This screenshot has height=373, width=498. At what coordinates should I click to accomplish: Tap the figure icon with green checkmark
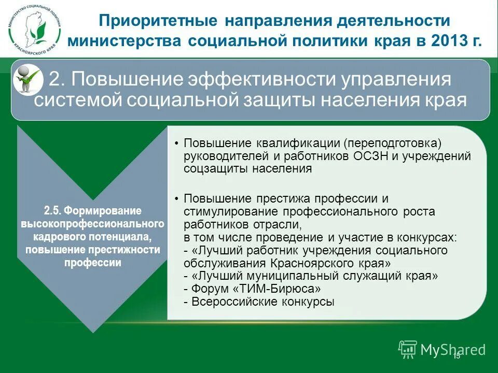pyautogui.click(x=27, y=78)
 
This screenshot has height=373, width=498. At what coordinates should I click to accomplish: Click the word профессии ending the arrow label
pyautogui.click(x=93, y=262)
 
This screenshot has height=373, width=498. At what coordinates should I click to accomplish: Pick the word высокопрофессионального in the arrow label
pyautogui.click(x=93, y=224)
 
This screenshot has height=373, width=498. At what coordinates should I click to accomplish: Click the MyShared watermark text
pyautogui.click(x=452, y=350)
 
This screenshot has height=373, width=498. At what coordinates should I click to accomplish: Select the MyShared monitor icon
pyautogui.click(x=408, y=350)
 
